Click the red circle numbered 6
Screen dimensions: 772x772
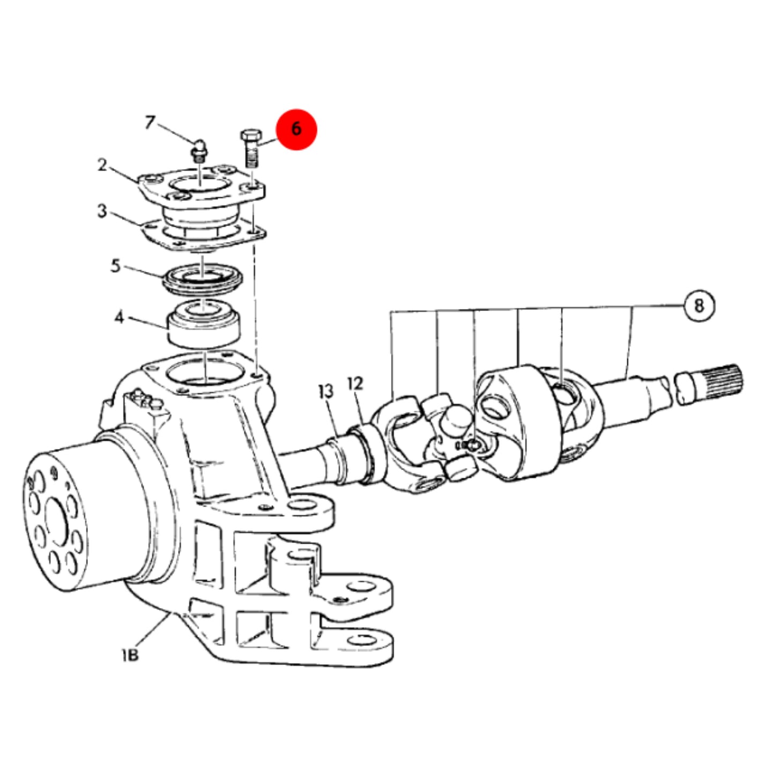click(296, 129)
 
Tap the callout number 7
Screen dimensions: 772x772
click(150, 122)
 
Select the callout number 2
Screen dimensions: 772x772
click(102, 165)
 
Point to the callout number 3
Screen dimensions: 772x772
click(102, 211)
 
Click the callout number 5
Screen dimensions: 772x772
click(115, 265)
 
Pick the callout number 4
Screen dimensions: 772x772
click(119, 317)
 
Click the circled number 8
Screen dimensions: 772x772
click(699, 306)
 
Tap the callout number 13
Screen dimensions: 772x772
click(326, 391)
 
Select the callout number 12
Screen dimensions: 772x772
click(355, 383)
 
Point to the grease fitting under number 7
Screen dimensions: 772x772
click(198, 151)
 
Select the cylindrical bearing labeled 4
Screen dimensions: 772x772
click(204, 323)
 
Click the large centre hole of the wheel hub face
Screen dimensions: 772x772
click(57, 522)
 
